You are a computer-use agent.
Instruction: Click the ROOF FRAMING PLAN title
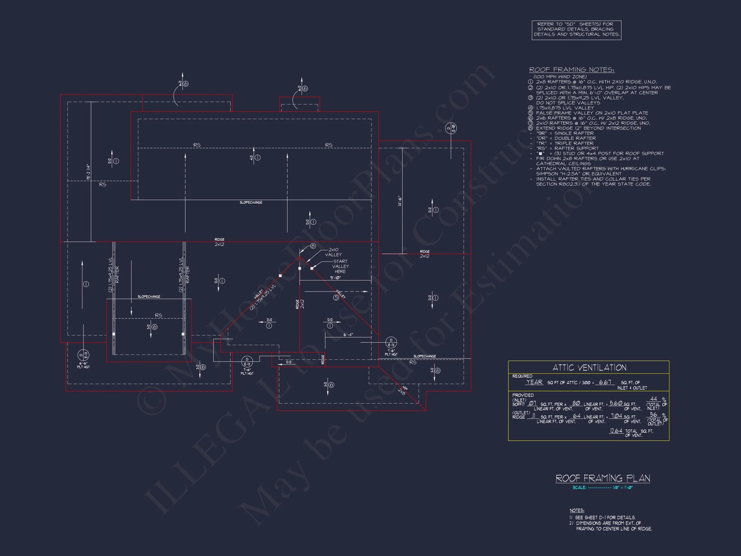(x=603, y=478)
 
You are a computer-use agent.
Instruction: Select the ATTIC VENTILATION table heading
(x=589, y=368)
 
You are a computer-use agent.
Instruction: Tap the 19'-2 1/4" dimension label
(x=88, y=172)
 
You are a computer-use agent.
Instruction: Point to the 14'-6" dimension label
(x=400, y=201)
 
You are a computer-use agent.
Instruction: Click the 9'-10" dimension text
(x=335, y=278)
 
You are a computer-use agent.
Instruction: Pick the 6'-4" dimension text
(x=348, y=335)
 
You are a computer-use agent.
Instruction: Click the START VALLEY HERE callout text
(x=340, y=266)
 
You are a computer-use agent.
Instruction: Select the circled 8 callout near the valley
(x=313, y=246)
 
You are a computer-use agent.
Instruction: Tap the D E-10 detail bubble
(x=451, y=128)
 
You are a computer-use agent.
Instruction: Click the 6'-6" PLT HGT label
(x=83, y=365)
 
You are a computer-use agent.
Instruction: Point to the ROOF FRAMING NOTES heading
(x=572, y=70)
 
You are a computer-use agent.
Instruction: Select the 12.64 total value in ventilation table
(x=616, y=431)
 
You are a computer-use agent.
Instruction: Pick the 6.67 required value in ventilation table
(x=605, y=382)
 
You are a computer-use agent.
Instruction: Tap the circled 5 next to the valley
(x=336, y=298)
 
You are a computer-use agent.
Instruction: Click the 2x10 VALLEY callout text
(x=333, y=252)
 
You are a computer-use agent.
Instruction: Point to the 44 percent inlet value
(x=653, y=399)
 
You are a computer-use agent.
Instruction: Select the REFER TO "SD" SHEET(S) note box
(x=576, y=30)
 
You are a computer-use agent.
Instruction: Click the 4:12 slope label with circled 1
(x=255, y=158)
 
